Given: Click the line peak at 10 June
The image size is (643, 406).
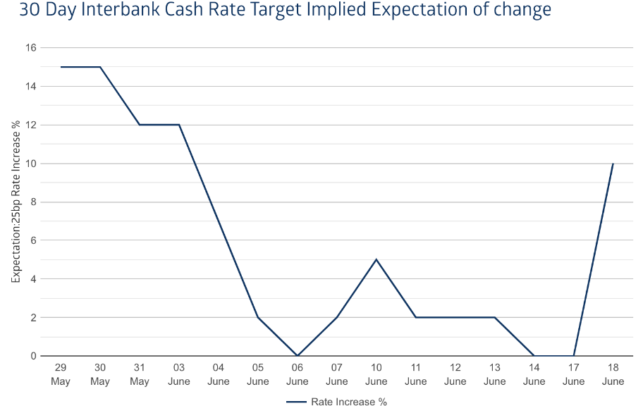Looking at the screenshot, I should (376, 259).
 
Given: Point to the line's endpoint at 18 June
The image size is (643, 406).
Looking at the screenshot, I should (613, 164).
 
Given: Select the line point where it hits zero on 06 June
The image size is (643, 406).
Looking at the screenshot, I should (298, 355).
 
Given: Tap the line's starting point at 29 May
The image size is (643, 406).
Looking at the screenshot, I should (61, 67).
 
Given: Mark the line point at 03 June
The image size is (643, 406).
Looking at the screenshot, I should (179, 125).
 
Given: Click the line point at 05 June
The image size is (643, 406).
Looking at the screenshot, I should (258, 317).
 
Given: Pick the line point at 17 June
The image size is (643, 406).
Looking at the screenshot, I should (574, 355).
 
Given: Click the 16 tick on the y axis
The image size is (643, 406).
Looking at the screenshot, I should (31, 48).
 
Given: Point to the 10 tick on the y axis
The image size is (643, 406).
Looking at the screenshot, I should (31, 164).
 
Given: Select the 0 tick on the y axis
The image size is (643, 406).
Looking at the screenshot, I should (33, 356).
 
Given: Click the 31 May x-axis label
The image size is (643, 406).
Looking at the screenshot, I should (140, 375).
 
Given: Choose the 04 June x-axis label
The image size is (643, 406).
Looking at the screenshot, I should (219, 375).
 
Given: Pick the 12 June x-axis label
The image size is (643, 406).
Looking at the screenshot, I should (455, 375).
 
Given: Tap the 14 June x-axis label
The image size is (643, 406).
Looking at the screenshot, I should (534, 375).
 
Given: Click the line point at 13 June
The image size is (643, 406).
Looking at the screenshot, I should (495, 317).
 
